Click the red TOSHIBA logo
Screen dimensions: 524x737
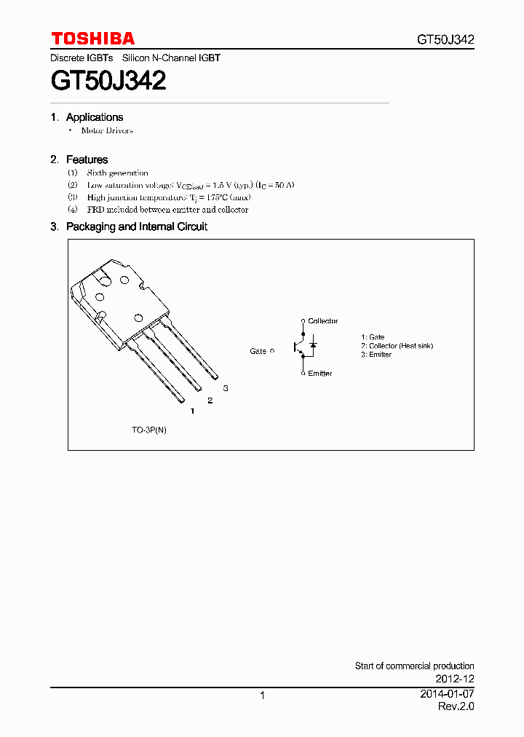tap(92, 39)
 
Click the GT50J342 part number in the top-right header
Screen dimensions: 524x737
tap(445, 40)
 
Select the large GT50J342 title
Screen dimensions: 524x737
tap(108, 80)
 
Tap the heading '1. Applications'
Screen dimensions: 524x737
tap(87, 117)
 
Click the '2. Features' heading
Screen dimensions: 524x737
tap(79, 159)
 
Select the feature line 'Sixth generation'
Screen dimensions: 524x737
tap(117, 173)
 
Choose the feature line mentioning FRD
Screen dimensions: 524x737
tap(167, 210)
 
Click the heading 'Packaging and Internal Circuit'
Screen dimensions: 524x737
tap(136, 226)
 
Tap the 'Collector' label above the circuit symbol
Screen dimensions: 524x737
tap(322, 321)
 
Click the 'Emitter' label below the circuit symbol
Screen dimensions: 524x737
tap(319, 374)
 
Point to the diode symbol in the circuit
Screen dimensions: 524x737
tap(313, 343)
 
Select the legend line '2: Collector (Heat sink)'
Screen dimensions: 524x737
tap(397, 346)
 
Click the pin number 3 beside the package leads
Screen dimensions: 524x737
tap(226, 388)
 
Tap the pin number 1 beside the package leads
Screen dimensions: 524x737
tap(192, 411)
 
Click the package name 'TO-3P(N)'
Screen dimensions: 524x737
tap(149, 430)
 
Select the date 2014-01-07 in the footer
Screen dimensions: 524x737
tap(447, 694)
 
